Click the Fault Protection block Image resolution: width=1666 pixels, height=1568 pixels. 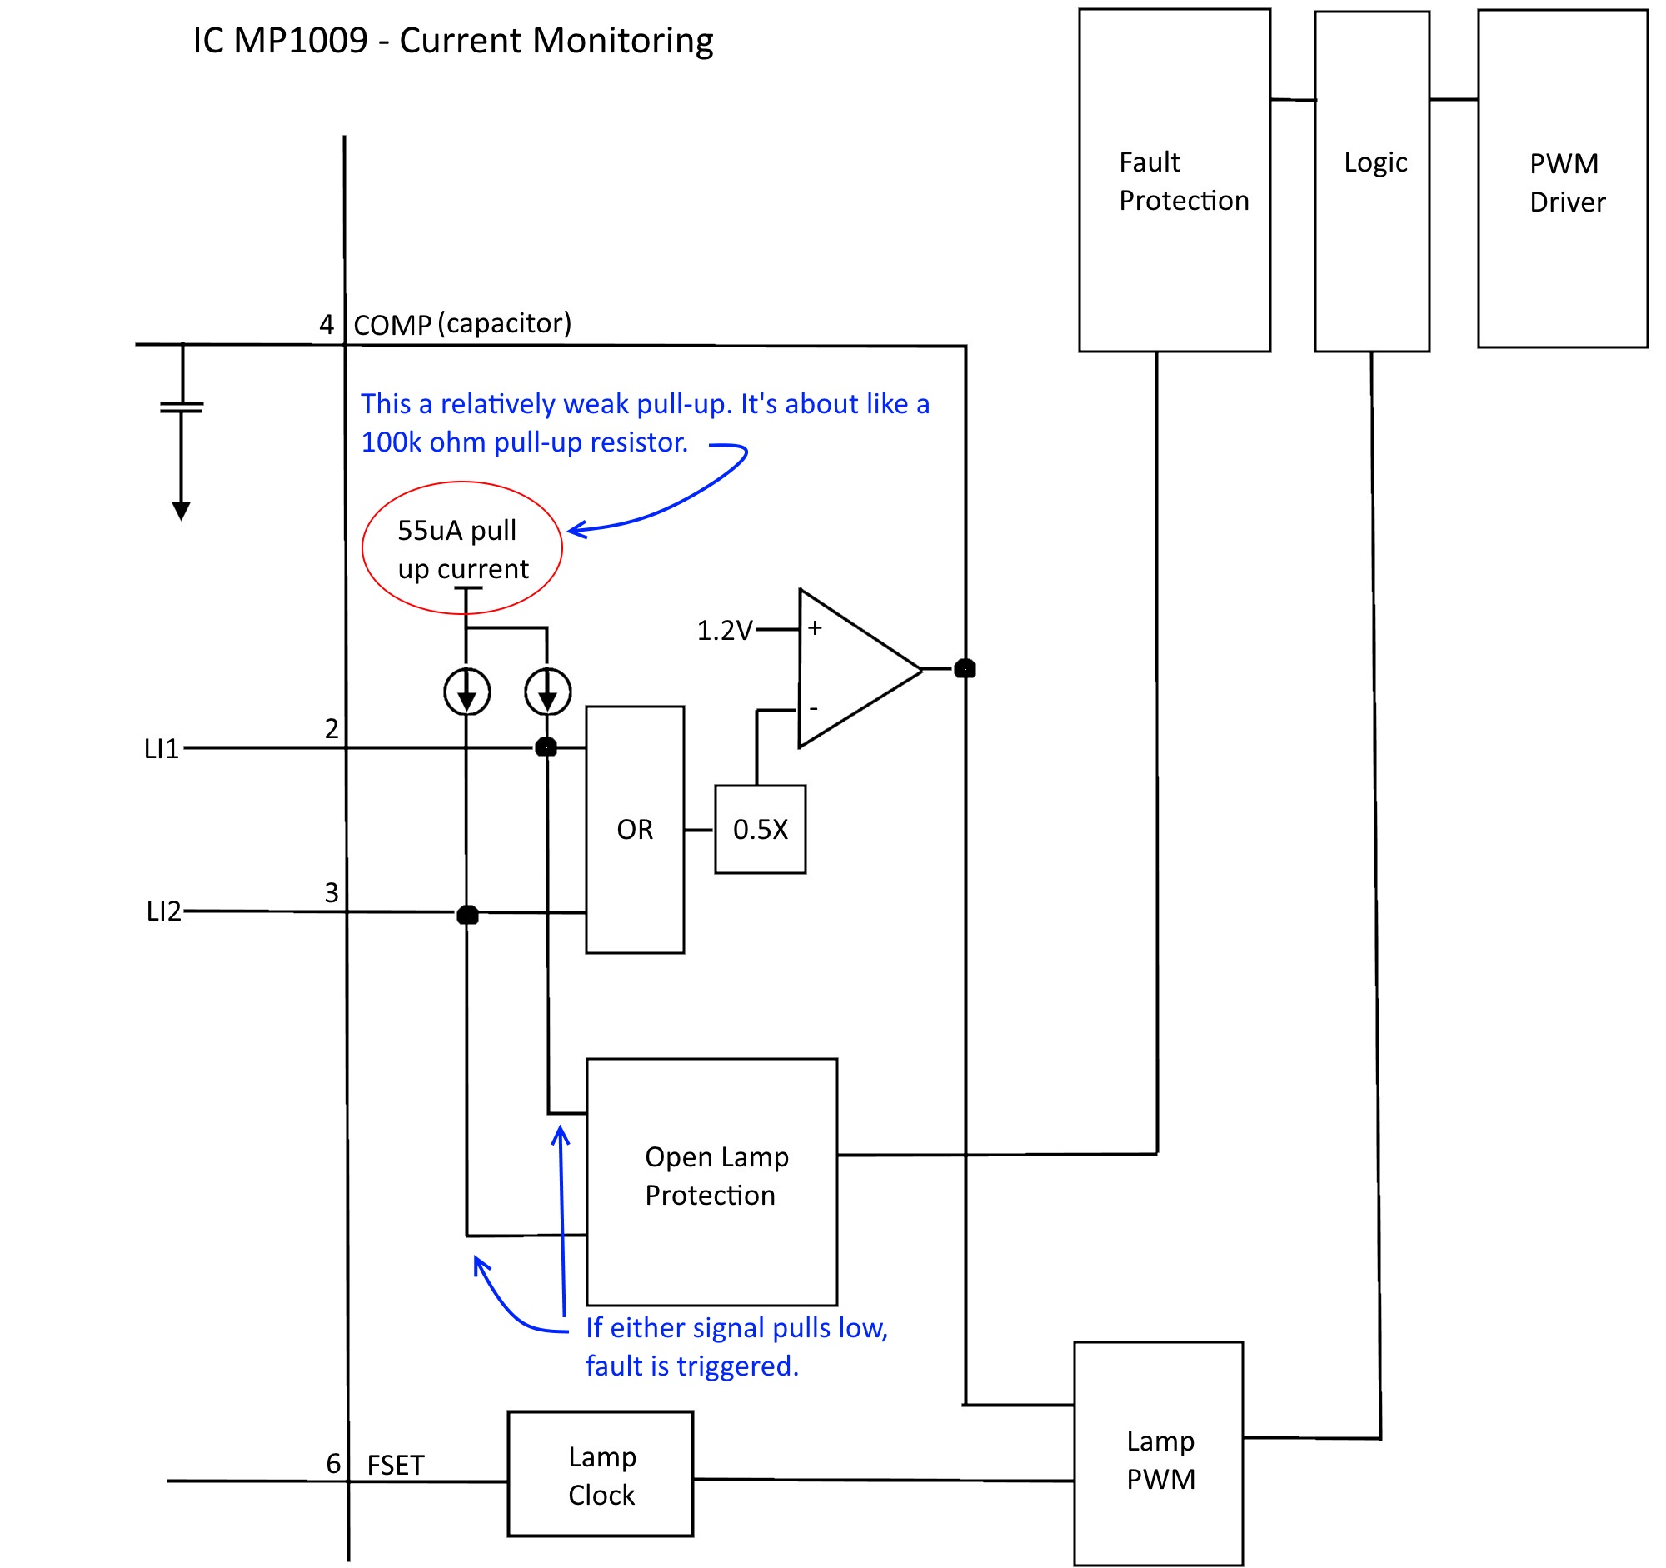tap(1174, 180)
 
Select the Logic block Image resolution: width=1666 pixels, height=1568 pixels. tap(1372, 180)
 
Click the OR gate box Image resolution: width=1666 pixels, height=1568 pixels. tap(635, 830)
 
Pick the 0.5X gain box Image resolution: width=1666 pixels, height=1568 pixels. tap(760, 830)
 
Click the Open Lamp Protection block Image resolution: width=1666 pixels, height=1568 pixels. tap(711, 1181)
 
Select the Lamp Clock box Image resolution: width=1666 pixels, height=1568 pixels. tap(600, 1474)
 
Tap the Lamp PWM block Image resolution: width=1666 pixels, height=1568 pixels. tap(1158, 1457)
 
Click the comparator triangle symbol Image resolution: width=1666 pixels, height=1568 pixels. tap(850, 669)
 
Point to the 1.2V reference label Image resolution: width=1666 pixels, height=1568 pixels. tap(724, 630)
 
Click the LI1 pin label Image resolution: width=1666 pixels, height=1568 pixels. tap(161, 748)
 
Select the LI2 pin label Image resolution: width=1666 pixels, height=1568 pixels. tap(163, 911)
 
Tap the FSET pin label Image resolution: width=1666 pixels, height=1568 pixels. tap(396, 1465)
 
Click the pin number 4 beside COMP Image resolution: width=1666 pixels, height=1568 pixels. tap(326, 324)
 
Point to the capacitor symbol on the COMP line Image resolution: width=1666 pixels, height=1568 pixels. tap(182, 407)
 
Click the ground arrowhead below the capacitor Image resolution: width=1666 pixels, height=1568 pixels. tap(181, 511)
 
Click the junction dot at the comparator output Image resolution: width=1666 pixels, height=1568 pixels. tap(965, 669)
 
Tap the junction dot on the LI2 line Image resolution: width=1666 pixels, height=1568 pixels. tap(467, 914)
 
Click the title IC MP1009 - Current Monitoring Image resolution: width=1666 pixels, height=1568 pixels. tap(452, 40)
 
